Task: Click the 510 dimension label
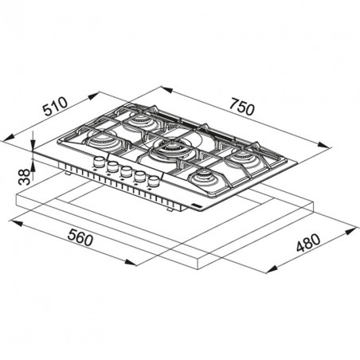coord(56,107)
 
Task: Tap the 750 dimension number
coord(242,107)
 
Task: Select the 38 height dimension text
coord(25,177)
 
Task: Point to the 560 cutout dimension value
coord(80,237)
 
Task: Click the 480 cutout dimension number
coord(308,243)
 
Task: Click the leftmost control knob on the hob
coord(99,162)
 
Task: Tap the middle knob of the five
coord(126,171)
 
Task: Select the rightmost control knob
coord(154,182)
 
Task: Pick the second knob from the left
coord(112,166)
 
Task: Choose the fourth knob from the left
coord(139,176)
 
